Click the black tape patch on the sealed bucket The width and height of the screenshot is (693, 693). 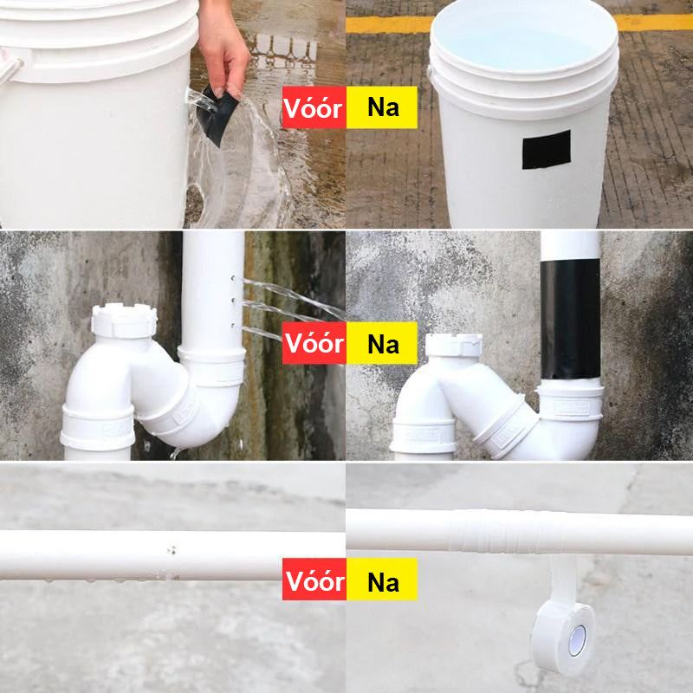[x=546, y=149]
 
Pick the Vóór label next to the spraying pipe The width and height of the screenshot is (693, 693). [x=314, y=344]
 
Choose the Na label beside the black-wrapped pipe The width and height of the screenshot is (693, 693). [x=382, y=344]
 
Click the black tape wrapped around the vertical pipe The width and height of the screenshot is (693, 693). [x=569, y=321]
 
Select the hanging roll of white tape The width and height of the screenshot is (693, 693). [x=562, y=637]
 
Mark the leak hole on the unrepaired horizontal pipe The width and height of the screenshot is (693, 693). [x=171, y=550]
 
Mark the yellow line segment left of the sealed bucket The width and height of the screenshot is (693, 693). [x=388, y=24]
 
